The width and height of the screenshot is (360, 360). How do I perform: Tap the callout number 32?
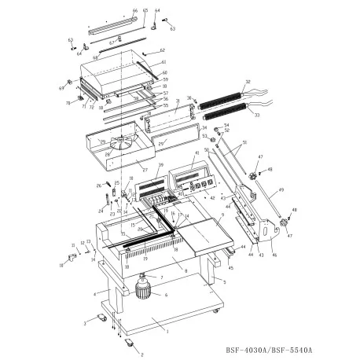click(x=247, y=82)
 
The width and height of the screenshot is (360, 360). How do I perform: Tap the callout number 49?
click(x=281, y=190)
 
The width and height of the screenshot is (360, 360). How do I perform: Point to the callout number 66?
click(x=134, y=11)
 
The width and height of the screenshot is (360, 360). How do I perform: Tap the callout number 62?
click(x=162, y=50)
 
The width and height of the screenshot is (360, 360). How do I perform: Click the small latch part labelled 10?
click(x=64, y=266)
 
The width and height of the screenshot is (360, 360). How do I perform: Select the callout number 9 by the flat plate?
click(x=223, y=215)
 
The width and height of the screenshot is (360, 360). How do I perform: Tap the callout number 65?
click(x=145, y=11)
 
